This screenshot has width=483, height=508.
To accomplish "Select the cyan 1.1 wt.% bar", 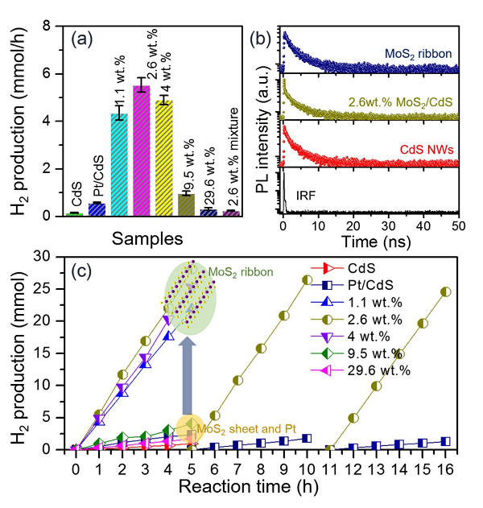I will [x=119, y=165].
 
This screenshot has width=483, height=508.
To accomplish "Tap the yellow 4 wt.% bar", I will [x=163, y=158].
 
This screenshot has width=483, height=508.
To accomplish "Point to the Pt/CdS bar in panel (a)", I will [x=97, y=209].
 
